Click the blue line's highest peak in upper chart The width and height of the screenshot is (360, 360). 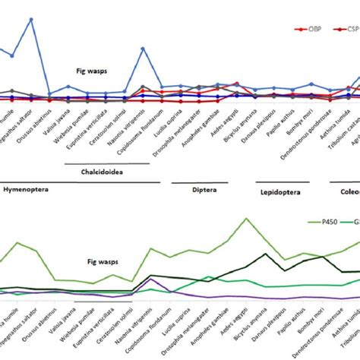(x=31, y=20)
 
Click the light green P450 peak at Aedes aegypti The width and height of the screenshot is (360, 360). (x=245, y=219)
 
